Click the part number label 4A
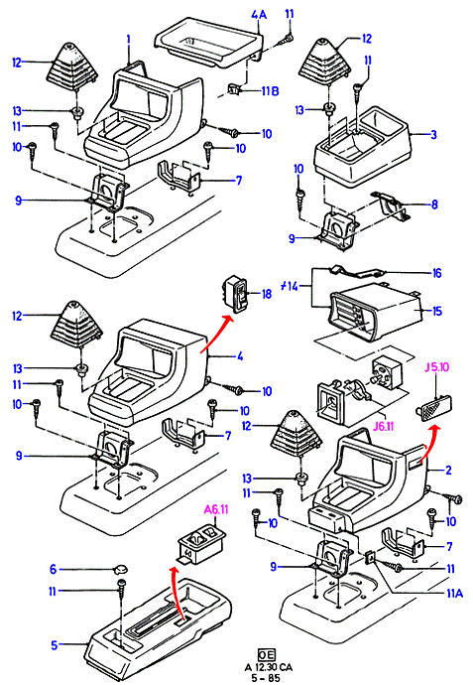259,15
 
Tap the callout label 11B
270,91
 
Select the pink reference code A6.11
216,509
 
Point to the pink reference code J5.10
436,367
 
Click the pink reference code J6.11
384,426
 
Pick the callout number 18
266,294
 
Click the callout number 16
436,273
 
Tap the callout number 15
436,311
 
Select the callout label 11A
454,593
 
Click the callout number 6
53,569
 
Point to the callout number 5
55,645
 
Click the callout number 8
434,205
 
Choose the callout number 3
433,134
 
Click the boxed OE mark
266,655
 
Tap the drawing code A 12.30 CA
269,667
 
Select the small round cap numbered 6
120,569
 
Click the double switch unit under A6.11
200,543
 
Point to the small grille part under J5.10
433,408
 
